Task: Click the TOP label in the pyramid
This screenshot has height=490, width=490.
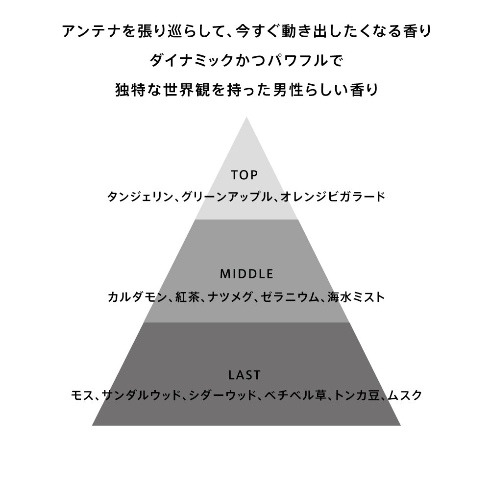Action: point(245,175)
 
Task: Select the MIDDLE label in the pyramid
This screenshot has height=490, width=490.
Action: point(246,274)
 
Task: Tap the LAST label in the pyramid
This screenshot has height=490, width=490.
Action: point(245,375)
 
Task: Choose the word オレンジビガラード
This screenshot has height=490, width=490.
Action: point(333,197)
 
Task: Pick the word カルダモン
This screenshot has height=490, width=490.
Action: point(137,297)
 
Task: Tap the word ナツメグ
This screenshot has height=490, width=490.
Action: point(230,297)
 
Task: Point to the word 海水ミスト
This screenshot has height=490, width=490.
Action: point(356,297)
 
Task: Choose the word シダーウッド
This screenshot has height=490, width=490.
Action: point(223,395)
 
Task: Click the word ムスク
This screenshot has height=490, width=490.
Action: point(405,395)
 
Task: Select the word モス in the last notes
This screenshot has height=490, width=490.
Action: point(82,395)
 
